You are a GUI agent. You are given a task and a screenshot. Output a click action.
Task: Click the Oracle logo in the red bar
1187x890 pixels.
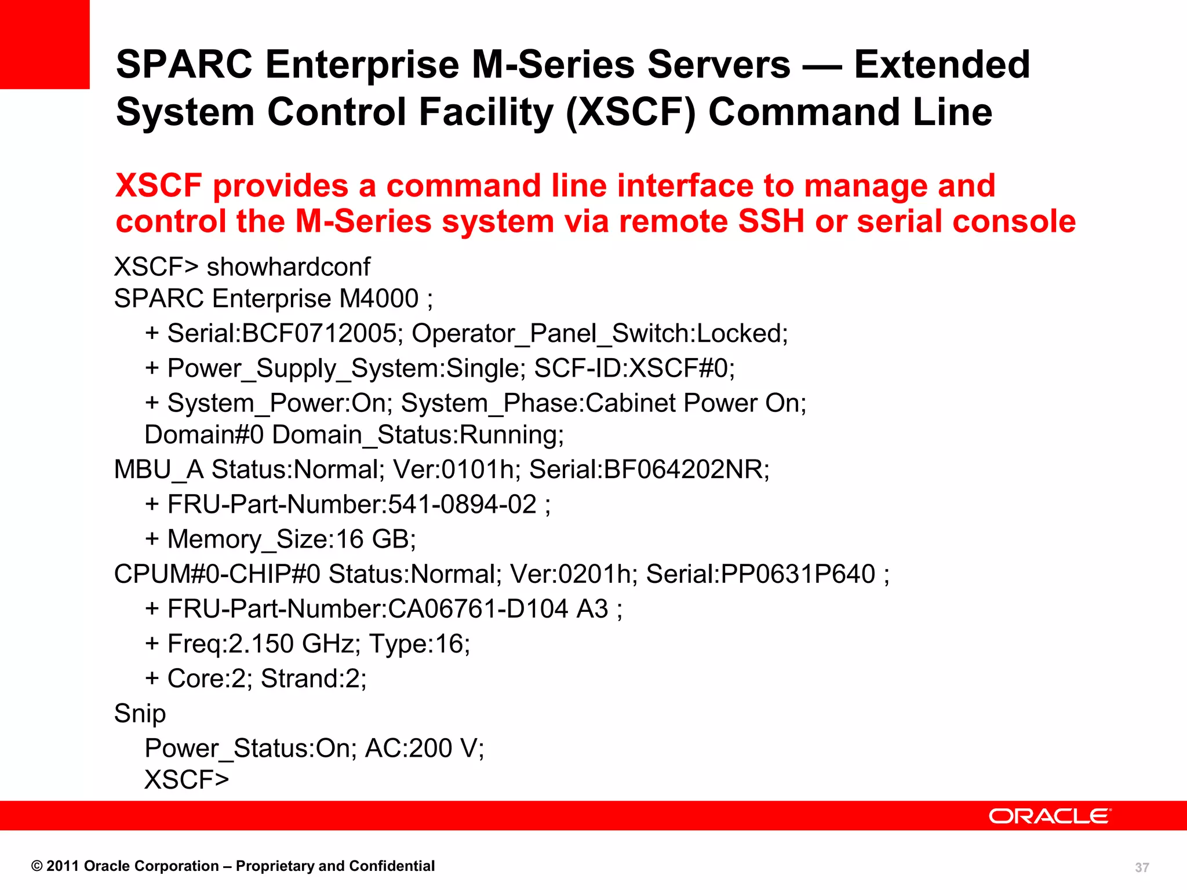1050,816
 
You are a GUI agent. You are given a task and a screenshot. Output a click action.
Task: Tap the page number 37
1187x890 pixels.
1142,867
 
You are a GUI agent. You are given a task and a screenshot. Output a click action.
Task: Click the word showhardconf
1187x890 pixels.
288,267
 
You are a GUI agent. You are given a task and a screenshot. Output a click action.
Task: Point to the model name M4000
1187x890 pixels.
378,299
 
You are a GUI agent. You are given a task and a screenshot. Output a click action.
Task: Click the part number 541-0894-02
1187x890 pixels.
462,505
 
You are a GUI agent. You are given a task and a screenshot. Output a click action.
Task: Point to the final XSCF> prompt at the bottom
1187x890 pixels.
187,780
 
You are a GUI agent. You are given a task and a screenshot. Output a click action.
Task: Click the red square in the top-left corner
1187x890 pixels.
45,44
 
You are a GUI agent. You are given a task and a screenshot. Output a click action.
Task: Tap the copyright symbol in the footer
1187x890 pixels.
37,866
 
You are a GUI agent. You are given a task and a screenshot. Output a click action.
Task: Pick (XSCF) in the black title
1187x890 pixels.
631,112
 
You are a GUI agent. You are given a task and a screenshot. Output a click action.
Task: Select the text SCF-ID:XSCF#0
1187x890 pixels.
633,369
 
